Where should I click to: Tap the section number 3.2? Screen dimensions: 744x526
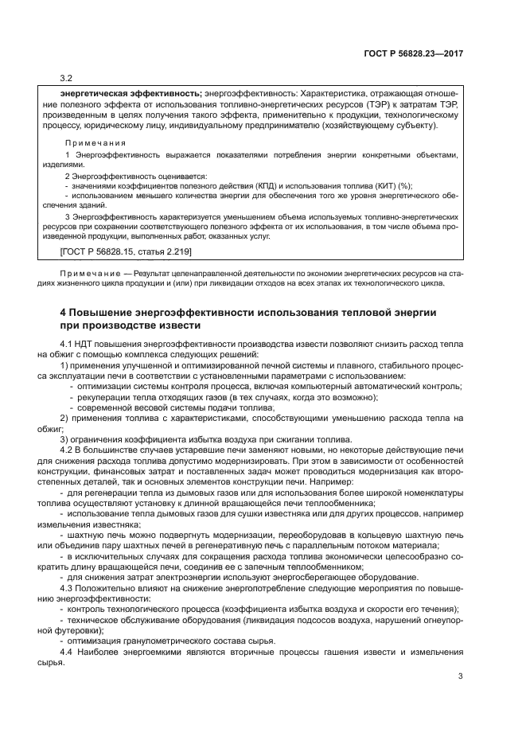(x=67, y=78)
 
